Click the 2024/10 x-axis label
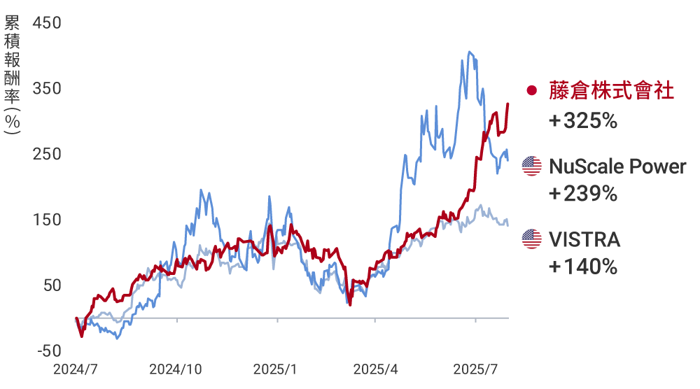(176, 369)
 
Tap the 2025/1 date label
(275, 369)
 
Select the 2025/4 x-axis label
(375, 369)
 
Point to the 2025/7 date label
(475, 369)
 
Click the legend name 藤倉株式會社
(612, 90)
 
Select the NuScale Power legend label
(617, 167)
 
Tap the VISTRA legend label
(584, 240)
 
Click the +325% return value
(582, 121)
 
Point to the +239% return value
(582, 194)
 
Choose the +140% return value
(582, 267)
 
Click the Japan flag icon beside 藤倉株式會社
(532, 91)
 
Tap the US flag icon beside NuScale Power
(532, 167)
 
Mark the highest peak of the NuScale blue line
(469, 51)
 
